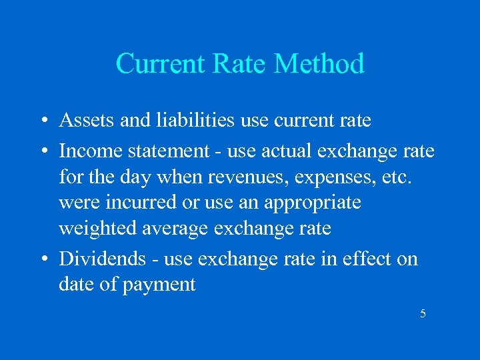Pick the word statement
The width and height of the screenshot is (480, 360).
(x=165, y=151)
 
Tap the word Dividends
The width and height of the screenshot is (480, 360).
(x=102, y=258)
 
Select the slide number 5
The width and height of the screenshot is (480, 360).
(x=423, y=313)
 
